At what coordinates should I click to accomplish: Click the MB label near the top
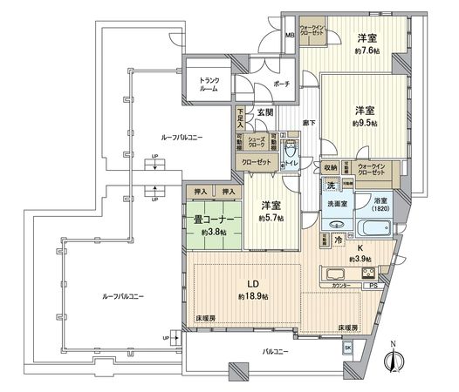coord(290,36)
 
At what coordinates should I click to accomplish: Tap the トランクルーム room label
coord(209,85)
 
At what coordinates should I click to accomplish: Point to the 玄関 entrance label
coord(265,113)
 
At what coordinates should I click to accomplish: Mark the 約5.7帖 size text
coord(269,218)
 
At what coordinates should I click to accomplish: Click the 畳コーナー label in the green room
coord(207,220)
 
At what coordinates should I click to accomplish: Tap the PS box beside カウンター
coord(373,284)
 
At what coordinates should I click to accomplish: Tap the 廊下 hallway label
coord(308,122)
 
